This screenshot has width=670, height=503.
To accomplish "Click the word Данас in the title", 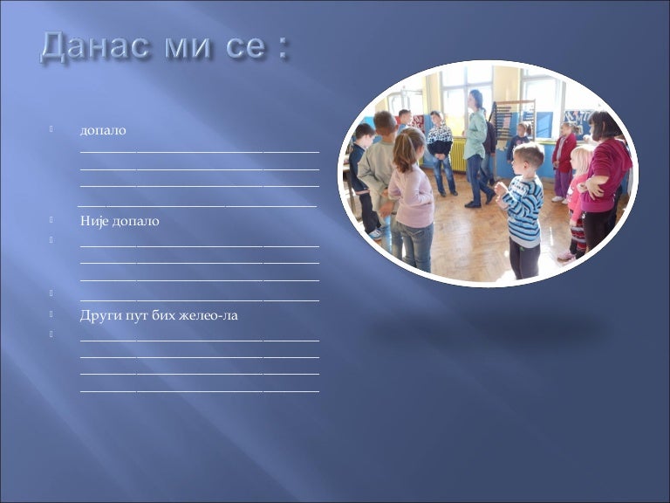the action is coord(95,45).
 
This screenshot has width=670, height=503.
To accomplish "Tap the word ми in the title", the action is coord(188,47).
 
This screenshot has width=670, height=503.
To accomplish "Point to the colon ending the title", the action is coord(281,48).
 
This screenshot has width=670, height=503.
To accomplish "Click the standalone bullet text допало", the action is coord(103,130).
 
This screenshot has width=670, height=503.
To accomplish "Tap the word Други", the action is coord(97,315).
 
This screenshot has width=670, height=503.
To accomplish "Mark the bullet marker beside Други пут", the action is coord(51,314).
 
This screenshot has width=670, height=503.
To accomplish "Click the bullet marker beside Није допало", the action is coord(51,220).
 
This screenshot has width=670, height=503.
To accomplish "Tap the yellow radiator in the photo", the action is coord(458,155).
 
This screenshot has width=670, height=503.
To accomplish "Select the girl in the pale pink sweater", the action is coord(410,199).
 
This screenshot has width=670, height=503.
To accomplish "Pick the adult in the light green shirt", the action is coord(476,148).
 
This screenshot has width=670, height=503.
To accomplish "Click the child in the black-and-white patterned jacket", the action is coord(441,153).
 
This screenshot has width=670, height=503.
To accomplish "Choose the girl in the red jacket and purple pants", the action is coord(564,162).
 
